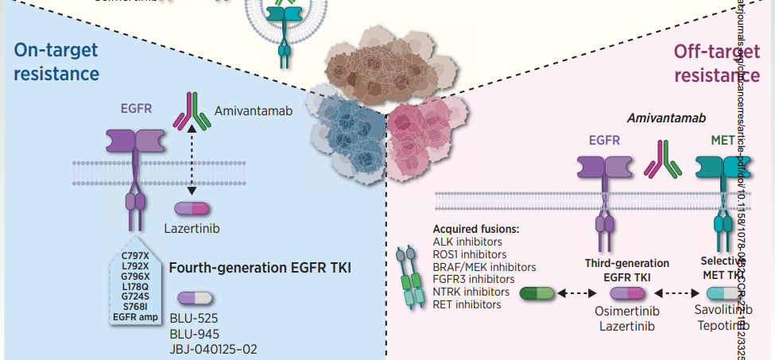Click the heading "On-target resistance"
pyautogui.click(x=56, y=62)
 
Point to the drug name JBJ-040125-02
pyautogui.click(x=213, y=349)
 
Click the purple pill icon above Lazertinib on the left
pyautogui.click(x=192, y=208)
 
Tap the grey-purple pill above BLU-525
pyautogui.click(x=195, y=298)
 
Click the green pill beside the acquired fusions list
pyautogui.click(x=538, y=293)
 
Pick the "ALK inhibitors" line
pyautogui.click(x=467, y=242)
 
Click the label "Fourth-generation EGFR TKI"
pyautogui.click(x=260, y=268)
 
